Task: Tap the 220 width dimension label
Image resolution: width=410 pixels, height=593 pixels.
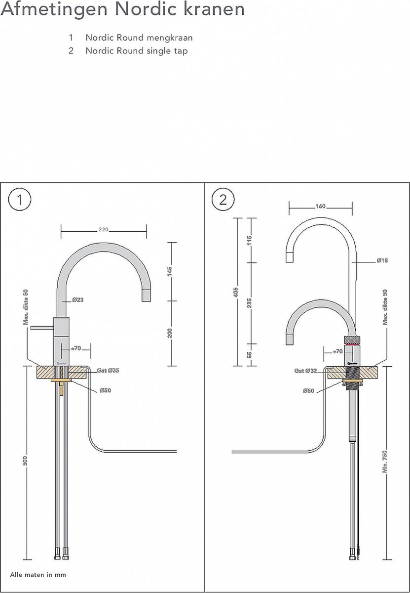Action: click(x=104, y=230)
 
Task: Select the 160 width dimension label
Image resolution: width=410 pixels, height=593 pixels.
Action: click(x=321, y=207)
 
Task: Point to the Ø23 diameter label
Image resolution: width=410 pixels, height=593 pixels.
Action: click(x=77, y=299)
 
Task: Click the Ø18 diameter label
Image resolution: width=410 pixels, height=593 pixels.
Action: click(x=382, y=260)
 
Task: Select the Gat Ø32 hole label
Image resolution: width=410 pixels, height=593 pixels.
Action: click(x=305, y=370)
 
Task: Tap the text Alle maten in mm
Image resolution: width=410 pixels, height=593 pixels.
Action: click(x=38, y=575)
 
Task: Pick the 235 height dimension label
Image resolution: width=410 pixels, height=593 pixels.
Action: click(x=249, y=303)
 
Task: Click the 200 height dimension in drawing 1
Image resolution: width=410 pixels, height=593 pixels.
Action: click(x=171, y=333)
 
